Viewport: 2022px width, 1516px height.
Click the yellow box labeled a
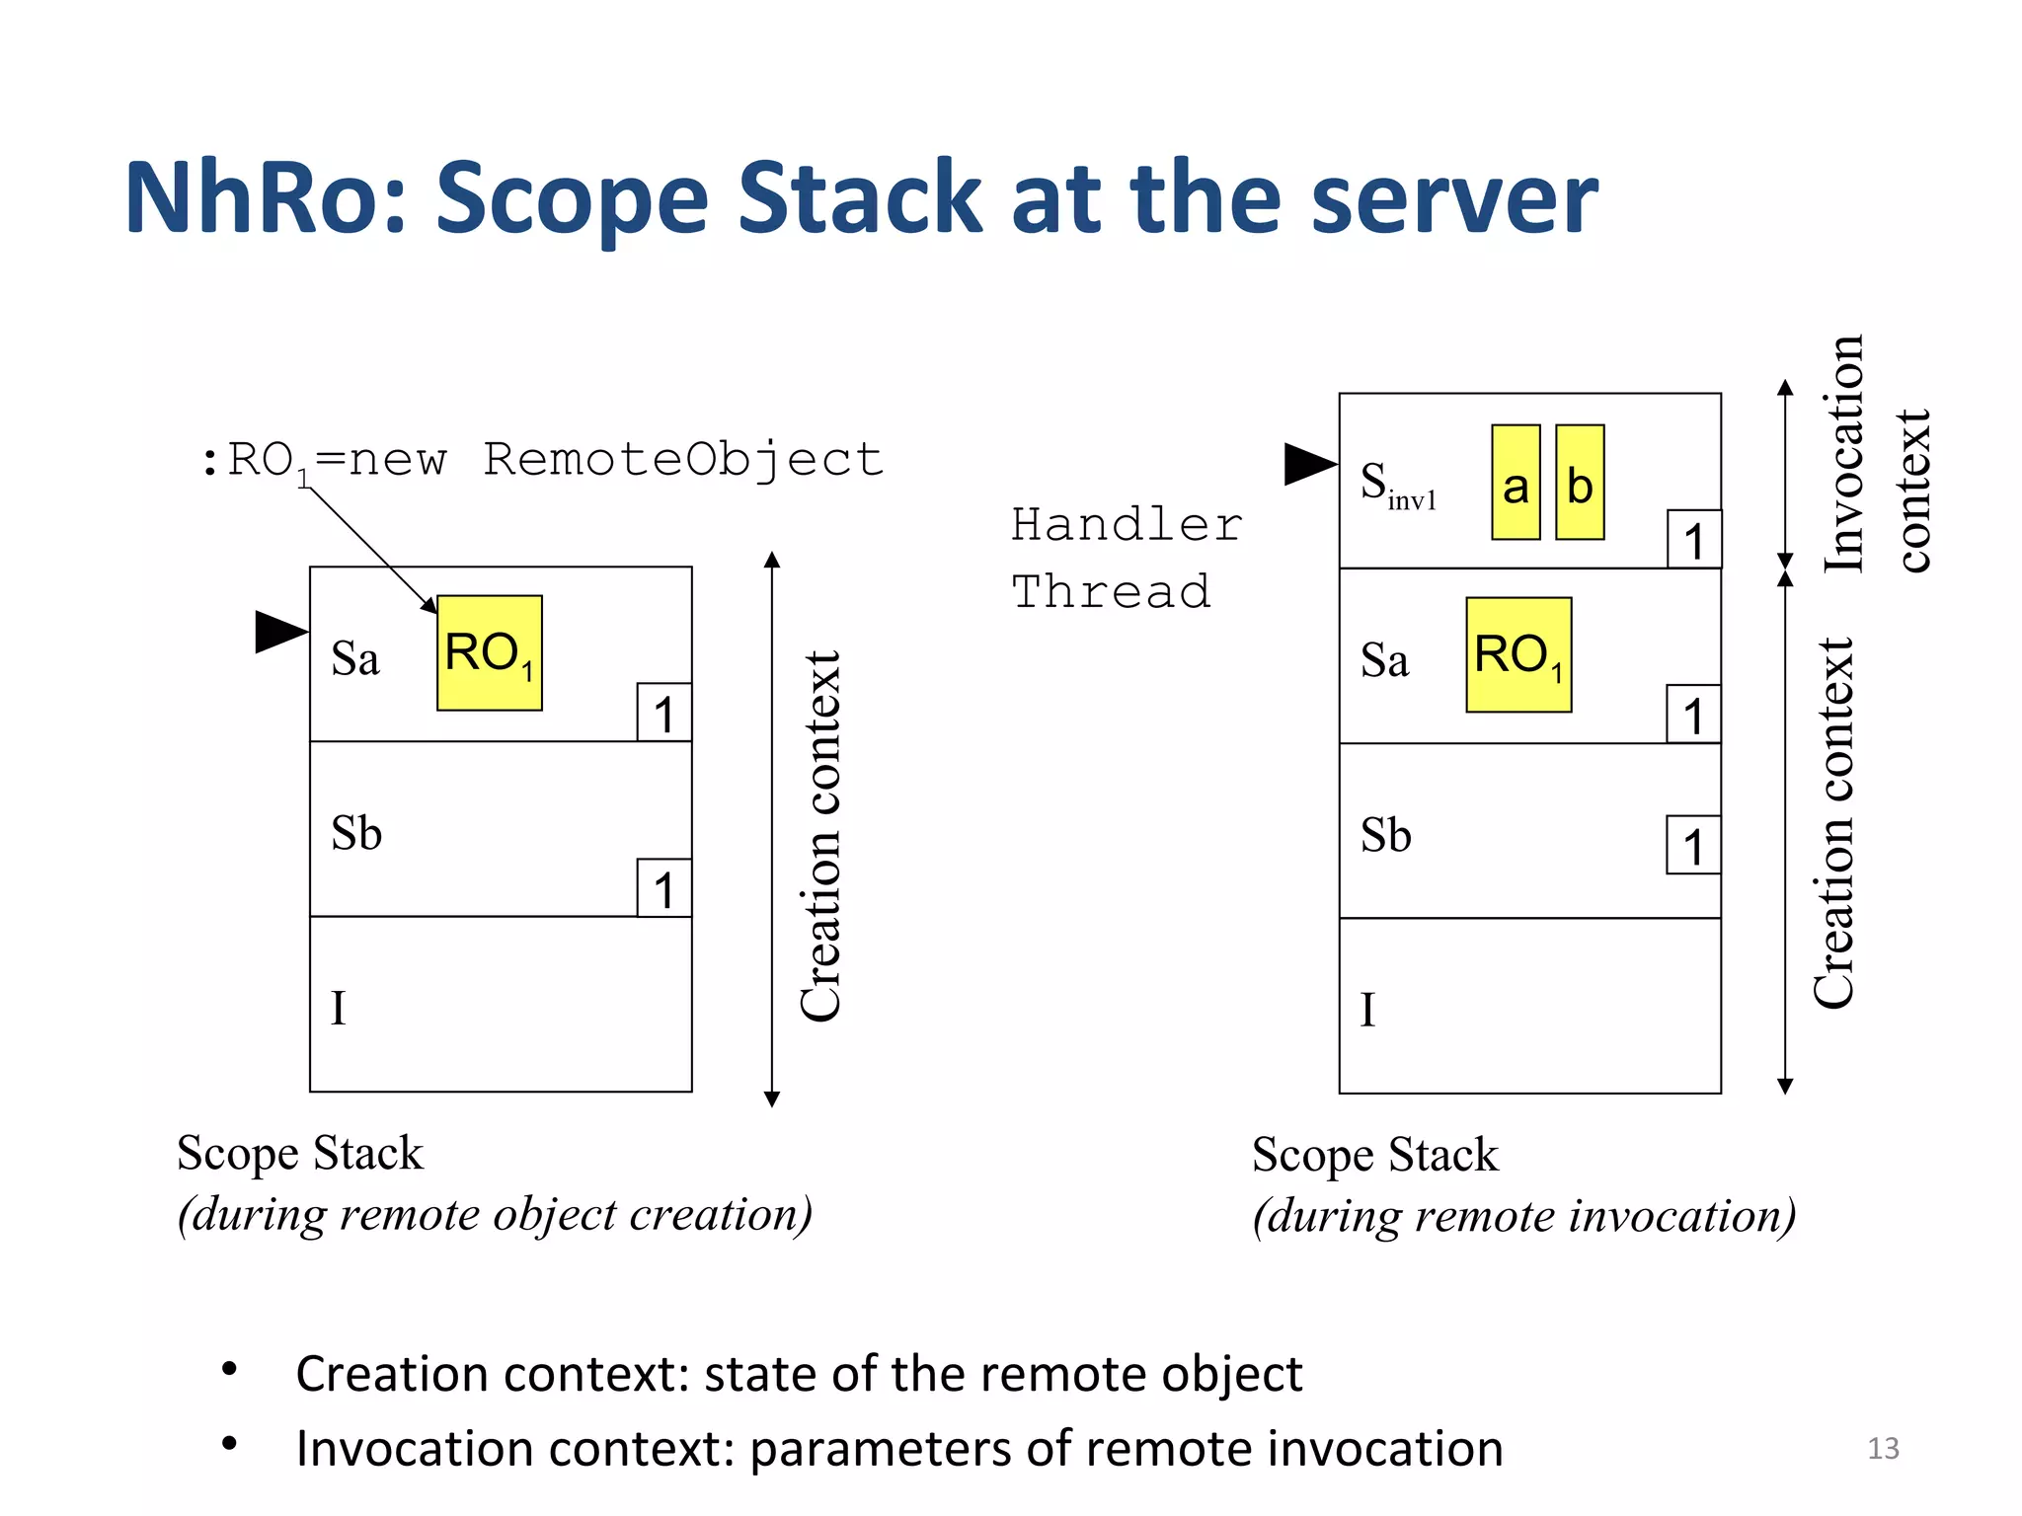[x=1516, y=483]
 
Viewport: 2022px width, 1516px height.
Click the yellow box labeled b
[x=1580, y=483]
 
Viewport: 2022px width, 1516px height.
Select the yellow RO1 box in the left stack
[x=490, y=652]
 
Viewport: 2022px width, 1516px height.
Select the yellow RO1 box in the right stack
[x=1518, y=654]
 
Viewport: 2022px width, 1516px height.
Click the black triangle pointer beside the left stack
[x=279, y=632]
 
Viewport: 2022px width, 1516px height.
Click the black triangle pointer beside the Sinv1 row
[x=1308, y=464]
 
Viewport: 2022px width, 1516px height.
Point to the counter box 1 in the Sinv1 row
[x=1693, y=540]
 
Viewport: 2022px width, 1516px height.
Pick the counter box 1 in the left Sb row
[x=663, y=888]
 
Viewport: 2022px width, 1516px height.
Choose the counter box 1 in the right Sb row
[x=1693, y=845]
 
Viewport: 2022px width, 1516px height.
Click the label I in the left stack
[x=339, y=1009]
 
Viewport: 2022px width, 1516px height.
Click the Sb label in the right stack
[x=1385, y=836]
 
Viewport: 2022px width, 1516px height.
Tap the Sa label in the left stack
[x=354, y=659]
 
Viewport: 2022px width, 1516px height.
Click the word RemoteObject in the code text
[x=683, y=460]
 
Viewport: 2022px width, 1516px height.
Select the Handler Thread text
[x=1125, y=559]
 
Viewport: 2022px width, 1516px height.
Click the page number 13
[x=1883, y=1448]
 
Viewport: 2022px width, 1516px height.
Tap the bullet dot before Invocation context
[x=230, y=1444]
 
